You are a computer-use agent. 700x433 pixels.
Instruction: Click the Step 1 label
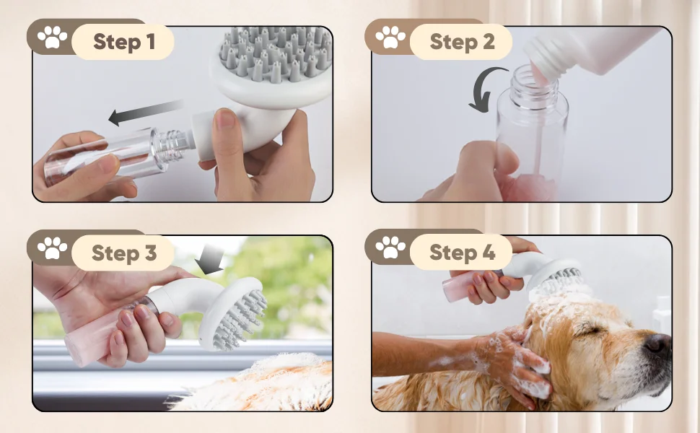click(124, 42)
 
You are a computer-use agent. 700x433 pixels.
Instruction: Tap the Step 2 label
click(462, 42)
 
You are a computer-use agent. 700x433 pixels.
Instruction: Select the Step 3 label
click(124, 253)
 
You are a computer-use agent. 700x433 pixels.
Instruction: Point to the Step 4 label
click(462, 252)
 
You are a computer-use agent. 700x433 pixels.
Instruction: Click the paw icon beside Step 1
click(52, 37)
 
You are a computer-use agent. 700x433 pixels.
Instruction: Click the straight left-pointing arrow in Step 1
click(146, 112)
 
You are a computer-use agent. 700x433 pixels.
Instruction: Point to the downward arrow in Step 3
click(210, 259)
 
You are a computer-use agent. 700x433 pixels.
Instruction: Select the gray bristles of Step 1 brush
click(276, 53)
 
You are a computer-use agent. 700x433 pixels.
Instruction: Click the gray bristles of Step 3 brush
click(242, 314)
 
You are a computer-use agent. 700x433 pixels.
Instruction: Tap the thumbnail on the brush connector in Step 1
click(226, 119)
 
